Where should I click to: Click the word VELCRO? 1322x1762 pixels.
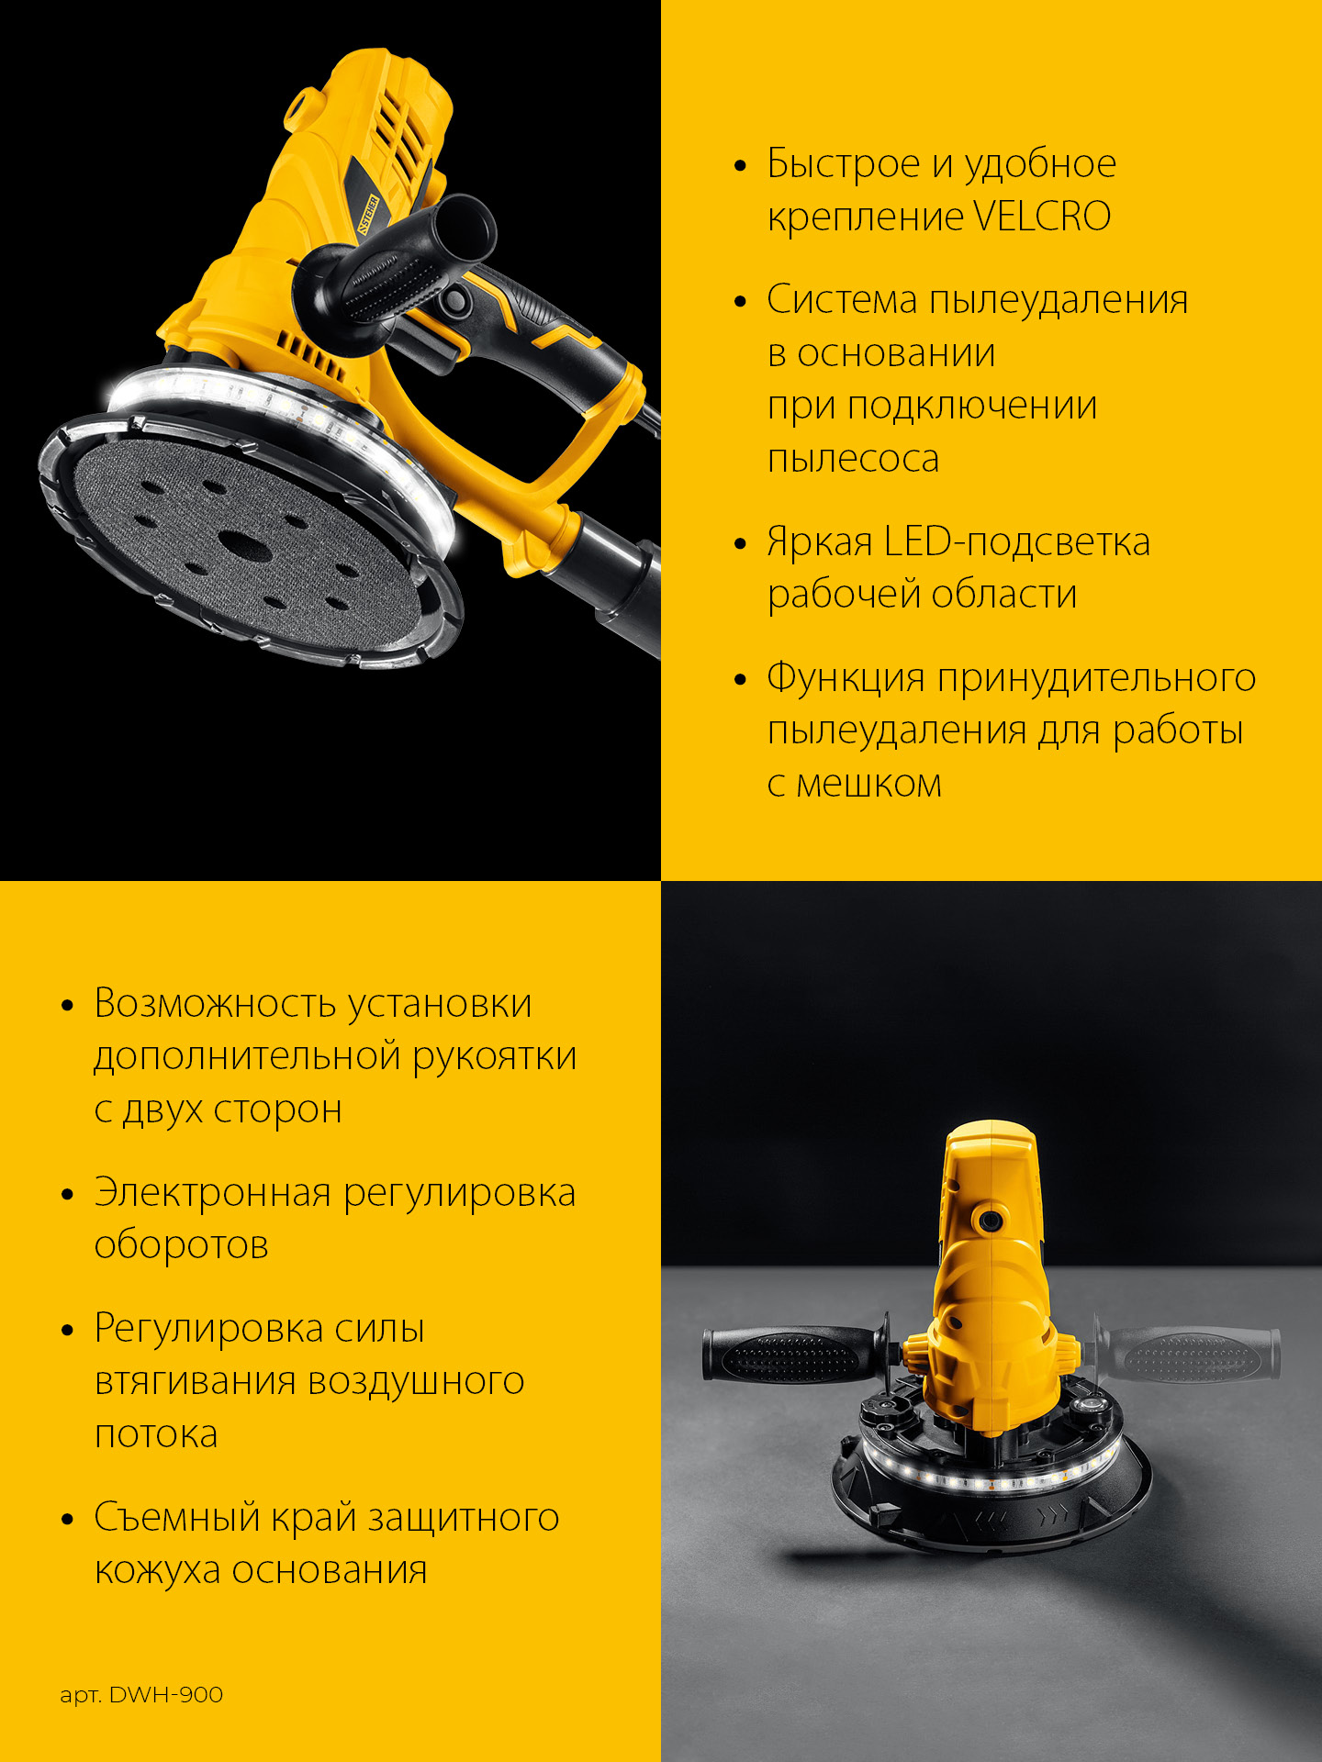[x=1041, y=217]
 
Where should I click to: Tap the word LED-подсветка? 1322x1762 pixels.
[x=1016, y=541]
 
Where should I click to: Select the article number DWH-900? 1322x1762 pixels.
[x=165, y=1695]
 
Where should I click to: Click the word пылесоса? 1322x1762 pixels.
[x=853, y=459]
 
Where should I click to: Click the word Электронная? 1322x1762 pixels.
[x=212, y=1192]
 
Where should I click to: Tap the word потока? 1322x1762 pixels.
[x=156, y=1433]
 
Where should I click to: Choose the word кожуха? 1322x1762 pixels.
[x=157, y=1570]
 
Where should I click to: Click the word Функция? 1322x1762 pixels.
[x=846, y=677]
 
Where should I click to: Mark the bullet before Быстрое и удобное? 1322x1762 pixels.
[x=741, y=166]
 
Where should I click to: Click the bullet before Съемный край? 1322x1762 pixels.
[x=67, y=1520]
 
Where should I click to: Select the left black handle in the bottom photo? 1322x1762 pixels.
[x=790, y=1354]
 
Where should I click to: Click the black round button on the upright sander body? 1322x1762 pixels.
[x=990, y=1221]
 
